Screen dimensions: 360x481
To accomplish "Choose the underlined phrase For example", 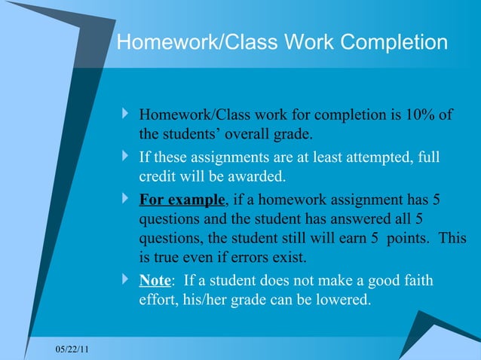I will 182,200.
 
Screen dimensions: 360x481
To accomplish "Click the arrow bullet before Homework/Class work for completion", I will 125,114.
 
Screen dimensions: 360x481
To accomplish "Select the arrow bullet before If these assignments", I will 125,157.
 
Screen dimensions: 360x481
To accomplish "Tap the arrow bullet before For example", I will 125,200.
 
